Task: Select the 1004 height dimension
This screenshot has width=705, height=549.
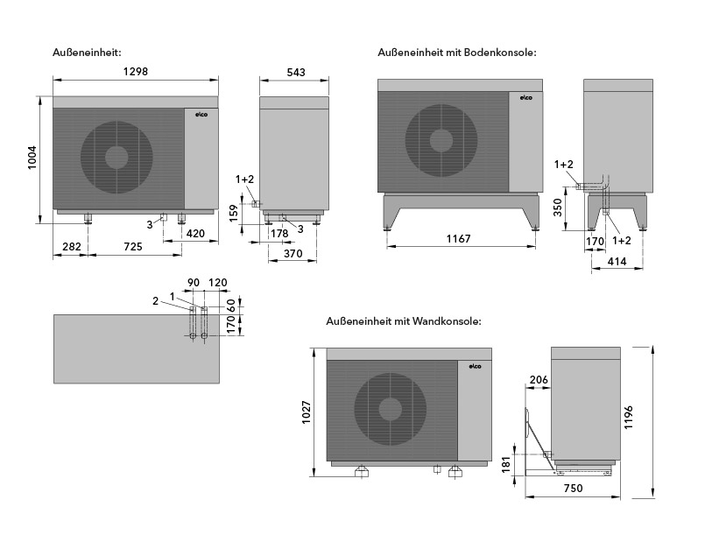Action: [32, 160]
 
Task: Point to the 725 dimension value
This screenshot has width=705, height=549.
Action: [133, 248]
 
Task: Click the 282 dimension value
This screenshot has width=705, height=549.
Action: [72, 248]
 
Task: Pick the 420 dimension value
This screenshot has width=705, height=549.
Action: [194, 234]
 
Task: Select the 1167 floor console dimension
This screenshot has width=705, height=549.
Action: [459, 239]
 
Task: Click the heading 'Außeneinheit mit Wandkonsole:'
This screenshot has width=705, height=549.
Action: [403, 322]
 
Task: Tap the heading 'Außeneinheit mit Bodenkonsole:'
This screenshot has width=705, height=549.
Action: [456, 53]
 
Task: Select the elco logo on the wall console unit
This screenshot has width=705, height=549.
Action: [477, 364]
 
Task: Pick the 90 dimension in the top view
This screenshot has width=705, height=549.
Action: [194, 283]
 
